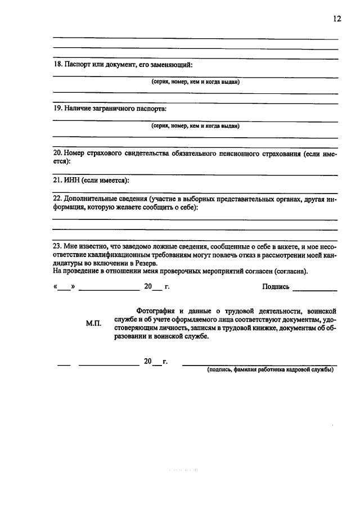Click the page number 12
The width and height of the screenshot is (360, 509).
[336, 19]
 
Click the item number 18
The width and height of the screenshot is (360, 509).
[57, 65]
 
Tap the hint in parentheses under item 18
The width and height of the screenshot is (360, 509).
[195, 82]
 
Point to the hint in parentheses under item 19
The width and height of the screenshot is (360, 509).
[195, 126]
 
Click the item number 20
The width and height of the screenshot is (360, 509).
[57, 153]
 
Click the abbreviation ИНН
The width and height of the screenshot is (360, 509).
[73, 181]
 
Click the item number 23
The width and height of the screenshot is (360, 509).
[57, 246]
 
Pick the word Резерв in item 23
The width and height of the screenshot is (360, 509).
[145, 263]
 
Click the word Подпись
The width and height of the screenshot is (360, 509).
[276, 287]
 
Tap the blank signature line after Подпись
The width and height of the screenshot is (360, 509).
[315, 289]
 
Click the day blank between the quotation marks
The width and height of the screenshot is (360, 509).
[65, 289]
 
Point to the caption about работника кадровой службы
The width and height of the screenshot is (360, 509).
[270, 370]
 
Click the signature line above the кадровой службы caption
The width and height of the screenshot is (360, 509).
[260, 364]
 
